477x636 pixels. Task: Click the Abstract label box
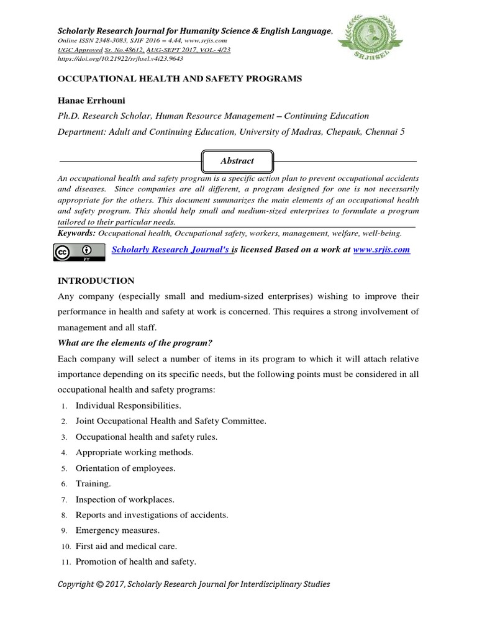[x=237, y=160]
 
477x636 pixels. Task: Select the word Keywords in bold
[x=76, y=234]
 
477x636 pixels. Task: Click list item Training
[x=93, y=483]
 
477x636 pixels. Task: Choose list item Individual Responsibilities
[x=128, y=405]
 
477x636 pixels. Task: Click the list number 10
[x=65, y=547]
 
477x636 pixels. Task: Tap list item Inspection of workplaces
[x=125, y=499]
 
